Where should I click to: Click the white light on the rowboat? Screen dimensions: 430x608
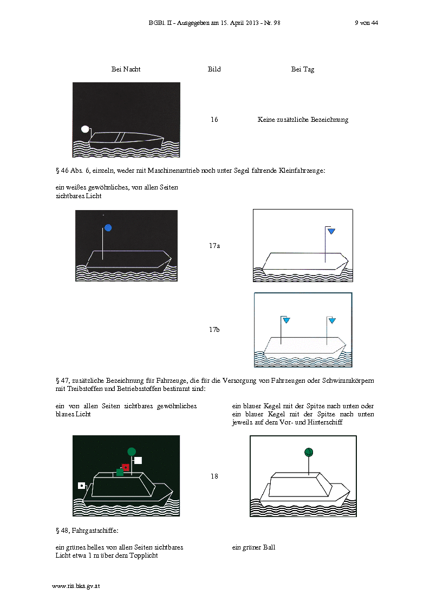86,129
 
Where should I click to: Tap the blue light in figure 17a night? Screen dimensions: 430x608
108,227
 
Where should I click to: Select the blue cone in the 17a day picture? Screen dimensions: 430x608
331,232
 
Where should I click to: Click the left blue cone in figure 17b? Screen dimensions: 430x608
286,321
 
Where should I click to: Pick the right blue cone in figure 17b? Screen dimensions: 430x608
333,321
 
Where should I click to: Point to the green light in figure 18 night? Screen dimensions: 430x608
132,452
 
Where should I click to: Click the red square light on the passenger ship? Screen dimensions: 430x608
126,467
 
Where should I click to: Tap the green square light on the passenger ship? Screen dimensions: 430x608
120,472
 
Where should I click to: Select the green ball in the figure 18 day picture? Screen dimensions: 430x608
309,452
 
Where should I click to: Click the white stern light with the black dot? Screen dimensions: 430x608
81,486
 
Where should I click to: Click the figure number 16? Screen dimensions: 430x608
214,120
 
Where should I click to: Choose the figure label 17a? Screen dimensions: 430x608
214,245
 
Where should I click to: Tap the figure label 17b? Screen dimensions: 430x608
214,330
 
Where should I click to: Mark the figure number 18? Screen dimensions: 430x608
214,476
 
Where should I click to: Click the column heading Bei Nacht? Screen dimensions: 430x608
126,69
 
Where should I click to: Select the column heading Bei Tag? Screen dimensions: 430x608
303,69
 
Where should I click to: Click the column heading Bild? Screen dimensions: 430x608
214,69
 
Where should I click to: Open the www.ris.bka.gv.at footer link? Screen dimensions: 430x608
76,586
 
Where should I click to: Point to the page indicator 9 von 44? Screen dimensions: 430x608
367,23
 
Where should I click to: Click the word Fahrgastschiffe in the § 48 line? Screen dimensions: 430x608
95,531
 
